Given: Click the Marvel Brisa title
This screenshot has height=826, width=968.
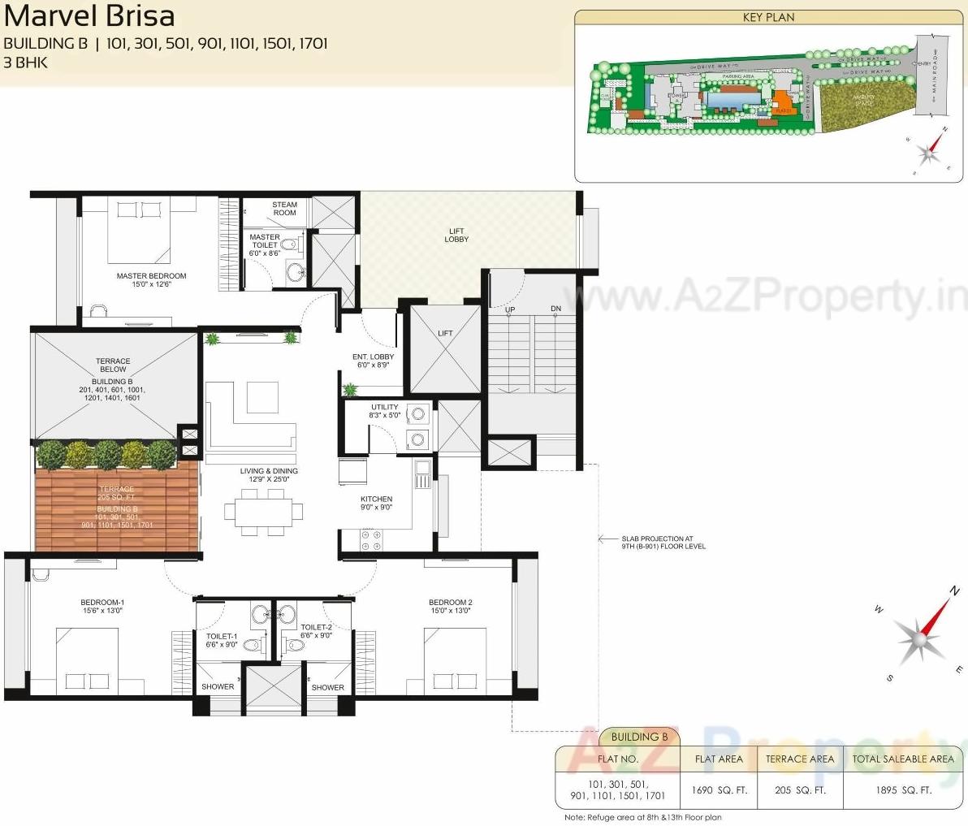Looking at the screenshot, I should pos(89,16).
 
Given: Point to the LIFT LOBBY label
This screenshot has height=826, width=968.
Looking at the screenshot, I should pos(456,235).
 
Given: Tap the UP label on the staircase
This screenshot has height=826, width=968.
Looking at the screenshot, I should pos(510,309).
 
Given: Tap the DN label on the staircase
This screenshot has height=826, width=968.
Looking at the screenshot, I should pos(555,309).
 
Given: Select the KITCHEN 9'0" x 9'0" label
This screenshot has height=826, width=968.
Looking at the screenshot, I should pos(376,503).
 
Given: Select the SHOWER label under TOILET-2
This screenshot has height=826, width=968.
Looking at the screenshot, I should pos(327,687).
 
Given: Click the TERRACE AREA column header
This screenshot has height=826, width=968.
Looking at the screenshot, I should pos(799,759).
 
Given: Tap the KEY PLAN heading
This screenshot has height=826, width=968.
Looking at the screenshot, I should pos(768,17).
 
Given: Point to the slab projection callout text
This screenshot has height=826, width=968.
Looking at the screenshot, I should pos(663,542).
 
